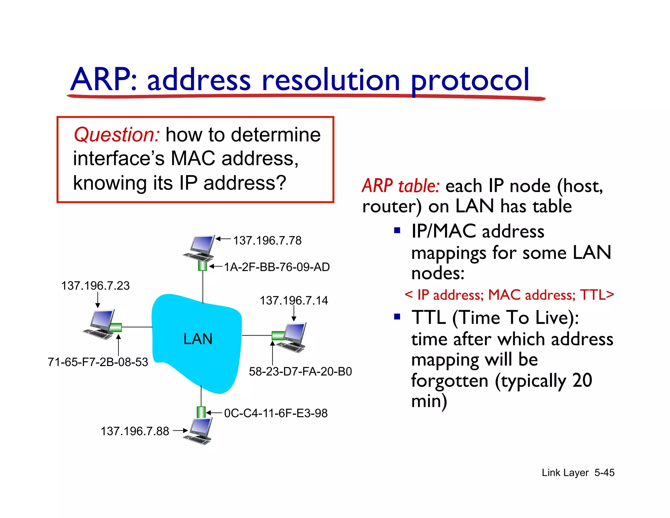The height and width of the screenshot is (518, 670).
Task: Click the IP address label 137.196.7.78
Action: [x=267, y=241]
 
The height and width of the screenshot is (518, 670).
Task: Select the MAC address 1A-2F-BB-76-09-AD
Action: [x=277, y=267]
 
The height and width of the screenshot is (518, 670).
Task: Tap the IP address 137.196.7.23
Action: [x=95, y=286]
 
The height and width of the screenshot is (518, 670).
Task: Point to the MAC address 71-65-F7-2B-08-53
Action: [x=98, y=362]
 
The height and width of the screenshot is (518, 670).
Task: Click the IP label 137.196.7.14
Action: [x=293, y=301]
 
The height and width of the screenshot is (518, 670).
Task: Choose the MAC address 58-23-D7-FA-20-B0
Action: [x=300, y=372]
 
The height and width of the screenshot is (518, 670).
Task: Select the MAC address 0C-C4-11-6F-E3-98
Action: [x=275, y=413]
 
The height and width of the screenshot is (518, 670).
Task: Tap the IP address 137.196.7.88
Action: [x=134, y=431]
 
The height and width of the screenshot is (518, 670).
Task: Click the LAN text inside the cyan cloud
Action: [x=198, y=339]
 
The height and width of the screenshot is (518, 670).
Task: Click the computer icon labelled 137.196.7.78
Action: [x=200, y=248]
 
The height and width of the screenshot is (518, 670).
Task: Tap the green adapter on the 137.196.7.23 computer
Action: [x=115, y=327]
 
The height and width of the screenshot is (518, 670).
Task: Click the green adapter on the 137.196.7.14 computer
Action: [x=278, y=336]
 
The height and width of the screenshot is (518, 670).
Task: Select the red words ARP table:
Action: [x=401, y=186]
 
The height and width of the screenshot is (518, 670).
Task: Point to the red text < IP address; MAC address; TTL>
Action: [x=509, y=295]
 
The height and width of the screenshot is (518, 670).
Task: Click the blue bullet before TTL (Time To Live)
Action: [x=397, y=317]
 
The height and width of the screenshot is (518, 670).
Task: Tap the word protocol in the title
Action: [x=470, y=80]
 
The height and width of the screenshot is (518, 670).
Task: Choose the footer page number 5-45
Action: [x=604, y=473]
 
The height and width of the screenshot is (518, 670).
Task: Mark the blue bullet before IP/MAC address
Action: [x=397, y=230]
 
